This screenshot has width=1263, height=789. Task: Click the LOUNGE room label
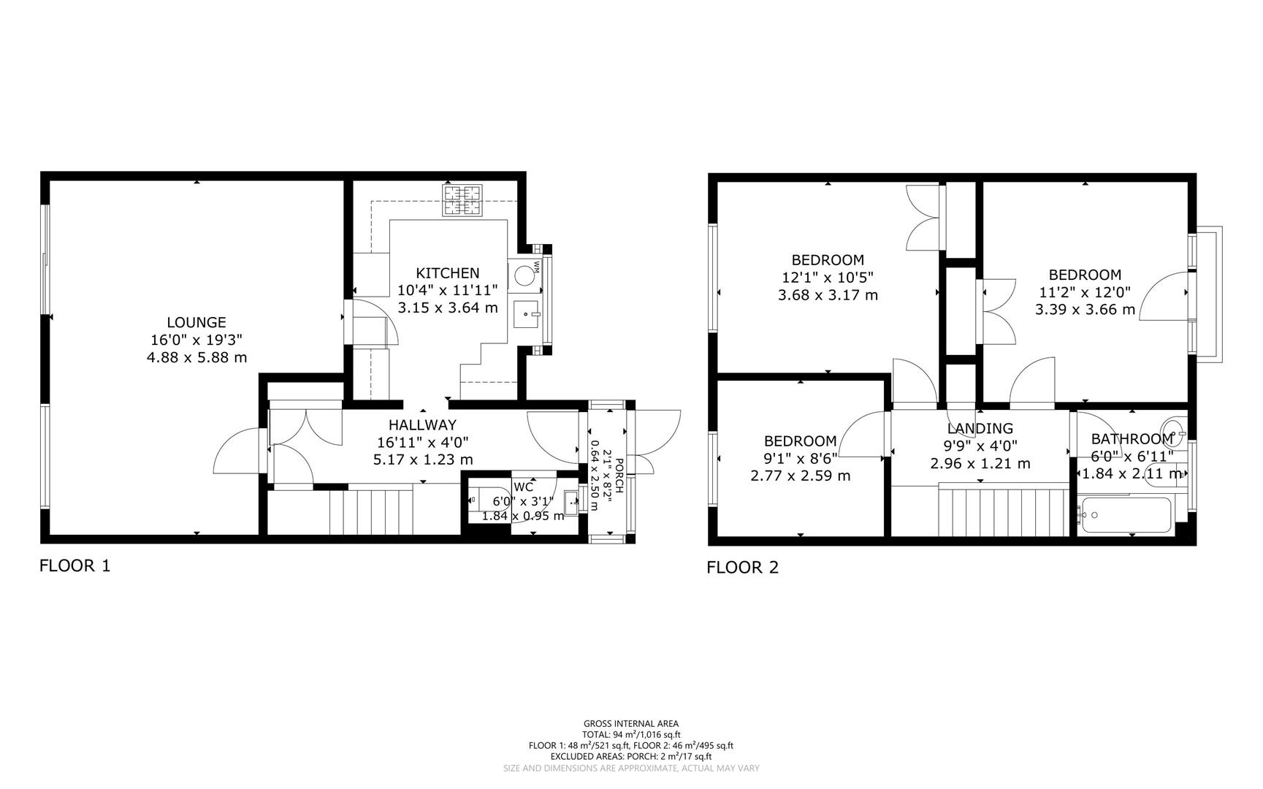point(196,322)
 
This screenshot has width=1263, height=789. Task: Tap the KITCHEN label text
point(448,273)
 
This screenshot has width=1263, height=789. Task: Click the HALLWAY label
point(422,424)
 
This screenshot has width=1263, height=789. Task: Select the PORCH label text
point(619,475)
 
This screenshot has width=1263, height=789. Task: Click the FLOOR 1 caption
point(75,565)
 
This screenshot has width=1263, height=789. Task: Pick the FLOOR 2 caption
point(742,568)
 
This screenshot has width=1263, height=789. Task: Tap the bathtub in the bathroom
point(1126,516)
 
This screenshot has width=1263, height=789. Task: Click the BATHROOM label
point(1132,439)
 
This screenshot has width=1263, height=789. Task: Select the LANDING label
point(980,429)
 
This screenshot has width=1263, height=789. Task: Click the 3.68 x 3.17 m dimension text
point(828,295)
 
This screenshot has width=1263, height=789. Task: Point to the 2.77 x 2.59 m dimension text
point(800,476)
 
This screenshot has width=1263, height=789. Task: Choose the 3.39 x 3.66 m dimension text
point(1085,310)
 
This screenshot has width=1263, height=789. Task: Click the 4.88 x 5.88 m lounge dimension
point(196,357)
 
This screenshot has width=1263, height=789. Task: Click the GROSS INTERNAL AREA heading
point(631,724)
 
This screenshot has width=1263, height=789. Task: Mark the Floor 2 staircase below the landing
point(1004,511)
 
